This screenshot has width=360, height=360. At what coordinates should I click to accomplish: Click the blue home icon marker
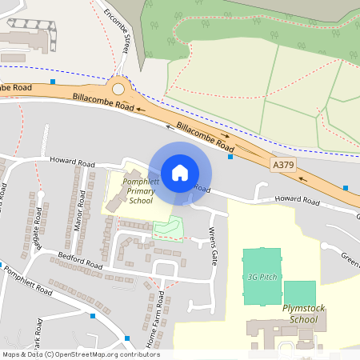click(x=180, y=172)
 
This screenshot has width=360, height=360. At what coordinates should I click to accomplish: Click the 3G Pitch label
click(x=262, y=277)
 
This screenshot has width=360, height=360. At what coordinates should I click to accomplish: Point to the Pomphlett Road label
click(x=28, y=279)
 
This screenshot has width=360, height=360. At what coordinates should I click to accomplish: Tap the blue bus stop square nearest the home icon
click(x=230, y=157)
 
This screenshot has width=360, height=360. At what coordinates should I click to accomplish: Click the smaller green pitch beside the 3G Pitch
click(x=300, y=292)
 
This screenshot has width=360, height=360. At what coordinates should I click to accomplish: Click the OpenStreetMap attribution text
click(x=80, y=354)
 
